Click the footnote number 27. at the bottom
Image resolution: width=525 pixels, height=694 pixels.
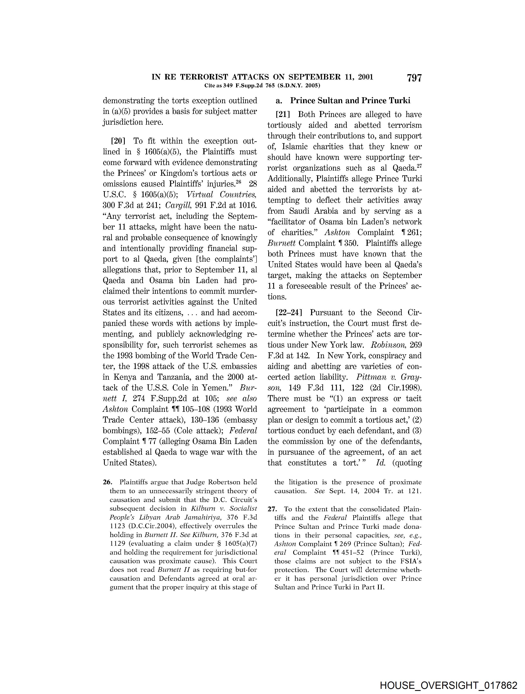click(x=272, y=509)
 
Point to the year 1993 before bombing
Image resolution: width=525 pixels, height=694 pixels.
click(x=126, y=356)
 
